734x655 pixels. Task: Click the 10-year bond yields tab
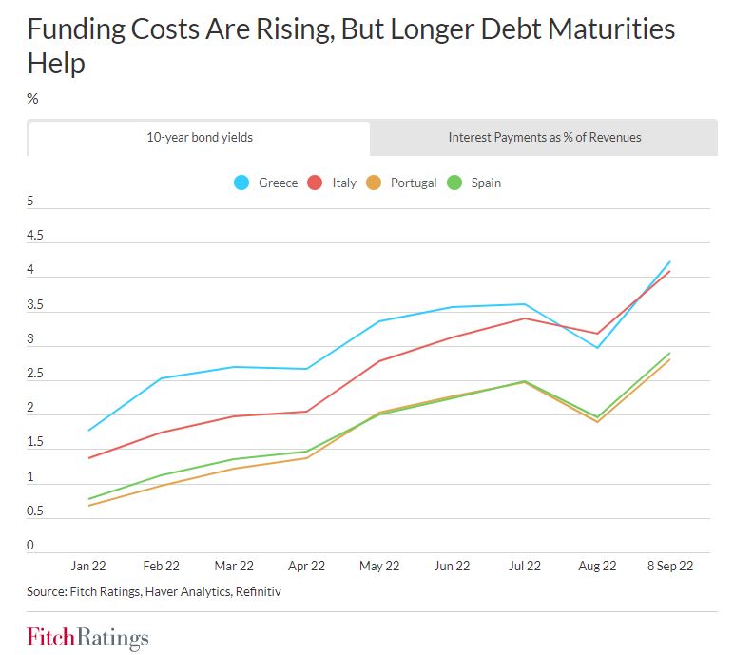pos(199,137)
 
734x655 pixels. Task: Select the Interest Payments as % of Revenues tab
pos(544,137)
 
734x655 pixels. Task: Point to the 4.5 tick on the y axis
pos(37,236)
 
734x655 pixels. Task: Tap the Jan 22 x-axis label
pos(88,566)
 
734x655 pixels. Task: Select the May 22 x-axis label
pos(379,566)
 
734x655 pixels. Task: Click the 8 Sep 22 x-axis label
pos(670,566)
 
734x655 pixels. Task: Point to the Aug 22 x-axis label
pos(597,566)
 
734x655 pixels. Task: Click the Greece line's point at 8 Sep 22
pos(670,261)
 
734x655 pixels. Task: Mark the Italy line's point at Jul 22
pos(525,318)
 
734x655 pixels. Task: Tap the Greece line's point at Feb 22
pos(162,378)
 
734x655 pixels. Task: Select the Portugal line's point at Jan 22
pos(88,505)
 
